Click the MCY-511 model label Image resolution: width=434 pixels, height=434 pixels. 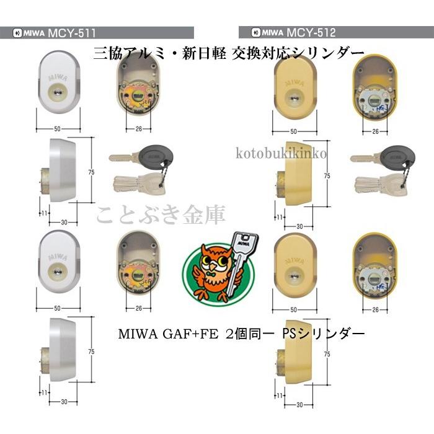point(71,33)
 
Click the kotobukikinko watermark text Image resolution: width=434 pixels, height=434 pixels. point(283,153)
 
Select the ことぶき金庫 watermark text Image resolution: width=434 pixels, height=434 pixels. point(161,215)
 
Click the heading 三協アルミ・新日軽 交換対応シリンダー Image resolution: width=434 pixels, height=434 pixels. point(228,53)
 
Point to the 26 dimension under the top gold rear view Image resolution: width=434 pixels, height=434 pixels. point(375,131)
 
